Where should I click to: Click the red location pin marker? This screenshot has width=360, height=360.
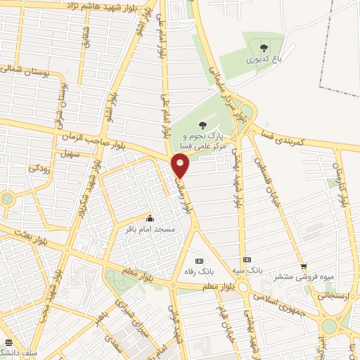tap(181, 167)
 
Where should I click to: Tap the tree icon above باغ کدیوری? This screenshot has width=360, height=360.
tap(264, 48)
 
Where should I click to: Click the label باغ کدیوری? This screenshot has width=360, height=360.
tap(264, 60)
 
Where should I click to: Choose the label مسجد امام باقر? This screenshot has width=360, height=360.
tap(158, 229)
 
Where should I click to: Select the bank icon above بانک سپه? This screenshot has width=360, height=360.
tap(247, 259)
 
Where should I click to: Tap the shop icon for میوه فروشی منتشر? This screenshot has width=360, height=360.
tap(303, 266)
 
